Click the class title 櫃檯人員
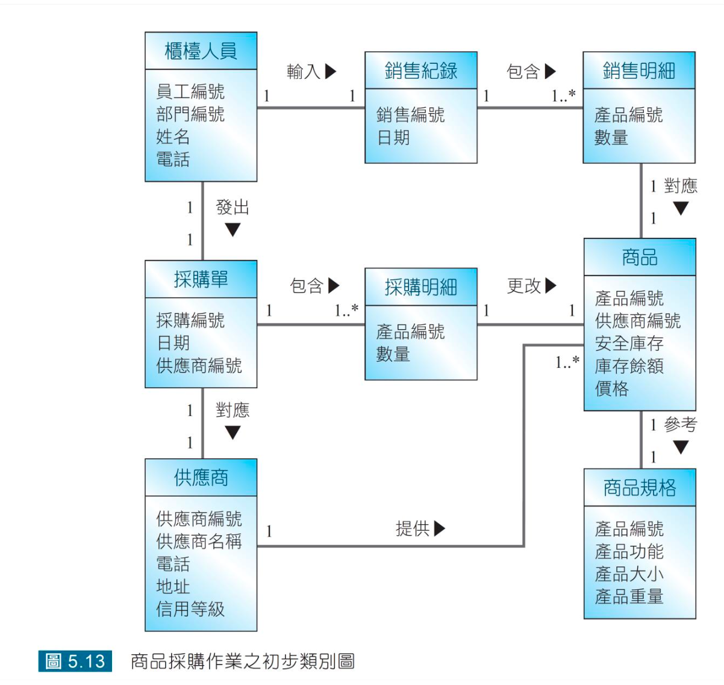pyautogui.click(x=201, y=51)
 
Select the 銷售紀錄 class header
pyautogui.click(x=420, y=71)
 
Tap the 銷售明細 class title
pyautogui.click(x=638, y=71)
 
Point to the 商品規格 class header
pyautogui.click(x=640, y=488)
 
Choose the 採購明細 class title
pyautogui.click(x=420, y=287)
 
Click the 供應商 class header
pyautogui.click(x=201, y=478)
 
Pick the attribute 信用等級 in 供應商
pyautogui.click(x=190, y=609)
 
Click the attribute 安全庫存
pyautogui.click(x=629, y=343)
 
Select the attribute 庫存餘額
pyautogui.click(x=629, y=366)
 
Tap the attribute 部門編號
pyautogui.click(x=190, y=114)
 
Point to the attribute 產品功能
pyautogui.click(x=629, y=551)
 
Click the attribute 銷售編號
pyautogui.click(x=410, y=114)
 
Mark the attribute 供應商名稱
pyautogui.click(x=199, y=541)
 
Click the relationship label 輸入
pyautogui.click(x=304, y=72)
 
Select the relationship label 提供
pyautogui.click(x=413, y=528)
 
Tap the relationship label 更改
pyautogui.click(x=524, y=286)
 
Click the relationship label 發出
pyautogui.click(x=232, y=208)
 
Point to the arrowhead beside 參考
pyautogui.click(x=681, y=447)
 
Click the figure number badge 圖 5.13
pyautogui.click(x=75, y=661)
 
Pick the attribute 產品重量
pyautogui.click(x=629, y=597)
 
